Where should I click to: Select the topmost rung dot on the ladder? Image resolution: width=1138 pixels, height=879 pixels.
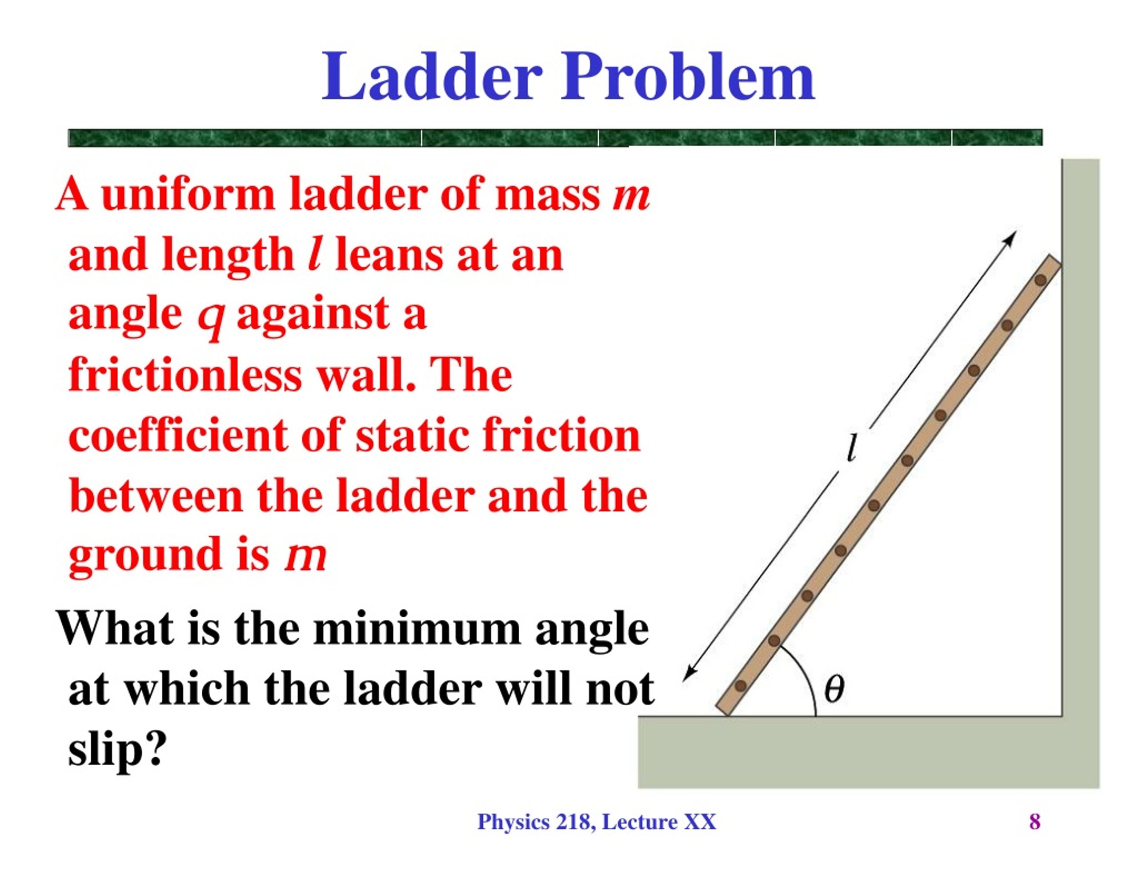click(1041, 280)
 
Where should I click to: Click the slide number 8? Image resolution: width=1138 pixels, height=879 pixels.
click(1035, 822)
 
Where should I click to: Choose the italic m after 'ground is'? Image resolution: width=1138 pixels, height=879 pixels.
click(305, 556)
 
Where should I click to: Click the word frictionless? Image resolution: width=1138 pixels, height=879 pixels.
click(185, 376)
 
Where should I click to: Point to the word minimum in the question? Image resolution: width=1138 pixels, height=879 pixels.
click(417, 629)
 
